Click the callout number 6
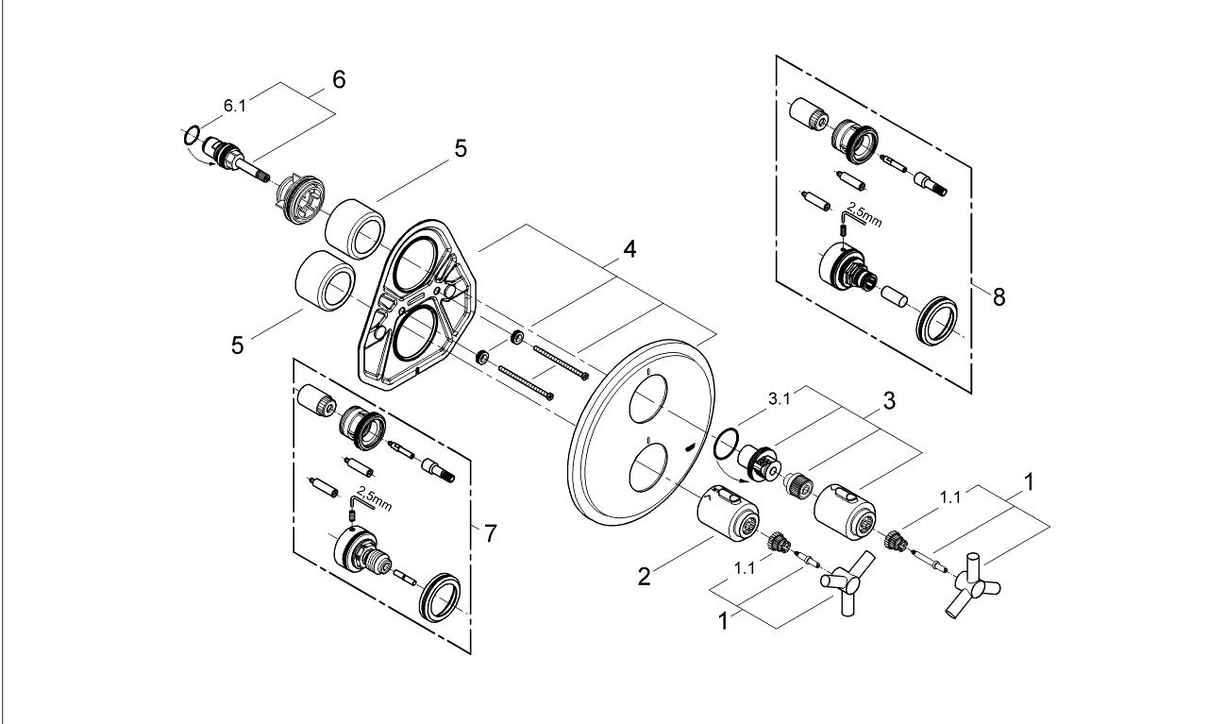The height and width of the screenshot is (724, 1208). point(337,79)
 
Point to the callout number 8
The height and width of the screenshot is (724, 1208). point(998,296)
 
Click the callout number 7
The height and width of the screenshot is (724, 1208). point(489,533)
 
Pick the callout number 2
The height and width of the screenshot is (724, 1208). point(644,576)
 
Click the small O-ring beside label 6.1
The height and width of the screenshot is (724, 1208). point(190,135)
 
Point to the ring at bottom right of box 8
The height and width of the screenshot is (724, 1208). point(941,319)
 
